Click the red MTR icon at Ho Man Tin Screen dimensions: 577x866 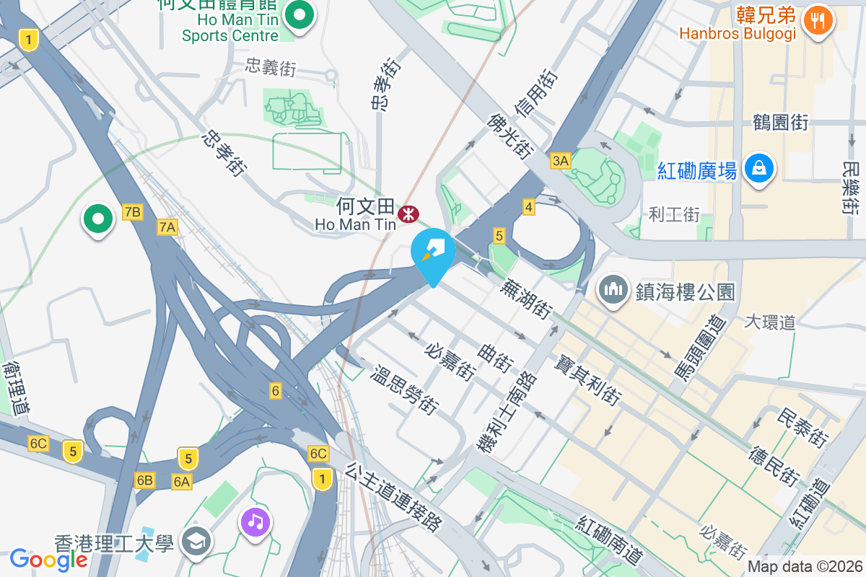tap(408, 213)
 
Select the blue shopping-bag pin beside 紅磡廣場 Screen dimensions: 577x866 tap(758, 169)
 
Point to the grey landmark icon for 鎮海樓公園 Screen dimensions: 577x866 tap(613, 290)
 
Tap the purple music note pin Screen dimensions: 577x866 tap(255, 521)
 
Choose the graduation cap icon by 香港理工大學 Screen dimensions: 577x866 tap(195, 541)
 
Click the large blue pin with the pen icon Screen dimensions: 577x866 tap(433, 251)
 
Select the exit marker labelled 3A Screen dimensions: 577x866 tap(560, 160)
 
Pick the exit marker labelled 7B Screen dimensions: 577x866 tap(133, 211)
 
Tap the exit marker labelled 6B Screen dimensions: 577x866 tap(144, 480)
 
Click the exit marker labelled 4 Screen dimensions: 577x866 tap(529, 208)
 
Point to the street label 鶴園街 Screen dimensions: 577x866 tap(779, 122)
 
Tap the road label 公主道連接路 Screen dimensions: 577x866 tap(393, 497)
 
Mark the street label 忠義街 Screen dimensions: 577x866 tap(271, 67)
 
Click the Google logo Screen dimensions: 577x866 tap(48, 559)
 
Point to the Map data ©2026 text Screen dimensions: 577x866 tap(805, 567)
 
